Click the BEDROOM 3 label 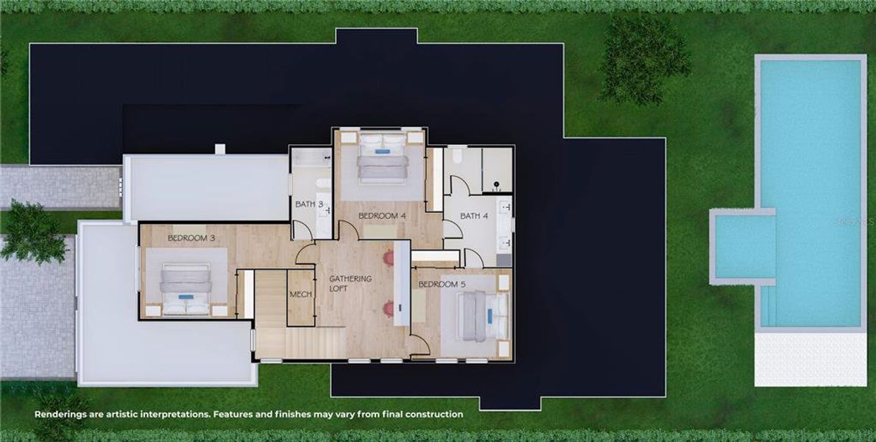pyautogui.click(x=191, y=238)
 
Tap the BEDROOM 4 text pyautogui.click(x=382, y=216)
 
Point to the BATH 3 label pyautogui.click(x=309, y=204)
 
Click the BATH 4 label pyautogui.click(x=474, y=216)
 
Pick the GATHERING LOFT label pyautogui.click(x=350, y=284)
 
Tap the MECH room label pyautogui.click(x=300, y=294)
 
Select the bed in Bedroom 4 pyautogui.click(x=382, y=159)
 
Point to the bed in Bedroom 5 pyautogui.click(x=479, y=315)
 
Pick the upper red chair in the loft pyautogui.click(x=388, y=258)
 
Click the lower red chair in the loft pyautogui.click(x=388, y=308)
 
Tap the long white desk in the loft pyautogui.click(x=402, y=284)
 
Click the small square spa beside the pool pyautogui.click(x=743, y=246)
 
